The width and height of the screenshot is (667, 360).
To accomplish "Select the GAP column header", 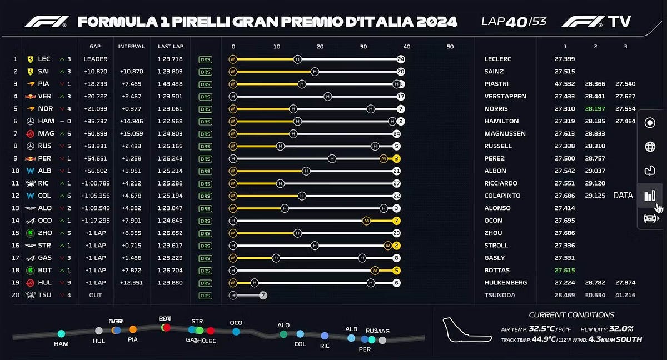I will click(94, 46).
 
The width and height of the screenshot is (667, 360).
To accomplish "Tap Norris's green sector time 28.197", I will click(595, 109).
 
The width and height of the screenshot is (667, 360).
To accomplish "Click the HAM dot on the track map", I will click(61, 333).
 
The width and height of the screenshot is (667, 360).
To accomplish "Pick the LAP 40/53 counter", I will click(514, 21).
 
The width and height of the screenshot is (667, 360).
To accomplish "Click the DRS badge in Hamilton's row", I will click(205, 121).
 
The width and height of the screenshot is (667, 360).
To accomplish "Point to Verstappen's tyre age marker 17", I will click(400, 96).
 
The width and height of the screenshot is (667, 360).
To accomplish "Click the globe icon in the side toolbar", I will click(649, 147).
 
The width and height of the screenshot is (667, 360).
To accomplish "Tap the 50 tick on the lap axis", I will click(450, 47).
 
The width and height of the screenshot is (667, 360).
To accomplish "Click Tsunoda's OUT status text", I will click(95, 295).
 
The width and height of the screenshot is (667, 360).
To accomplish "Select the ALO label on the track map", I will click(283, 326).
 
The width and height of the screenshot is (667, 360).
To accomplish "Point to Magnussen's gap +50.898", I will click(95, 133).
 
